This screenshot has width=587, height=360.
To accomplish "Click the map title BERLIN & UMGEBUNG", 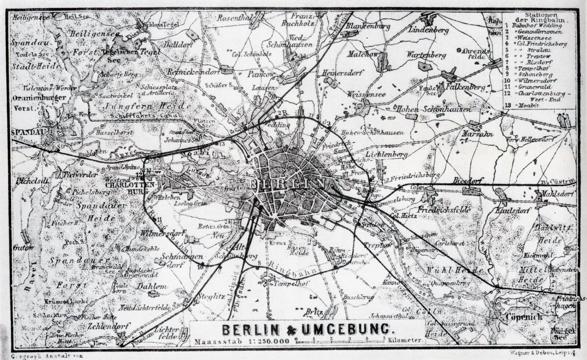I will coord(307,330).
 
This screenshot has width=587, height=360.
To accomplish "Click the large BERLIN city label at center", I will coord(288,183).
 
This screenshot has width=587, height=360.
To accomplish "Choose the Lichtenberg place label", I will coord(388,155).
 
